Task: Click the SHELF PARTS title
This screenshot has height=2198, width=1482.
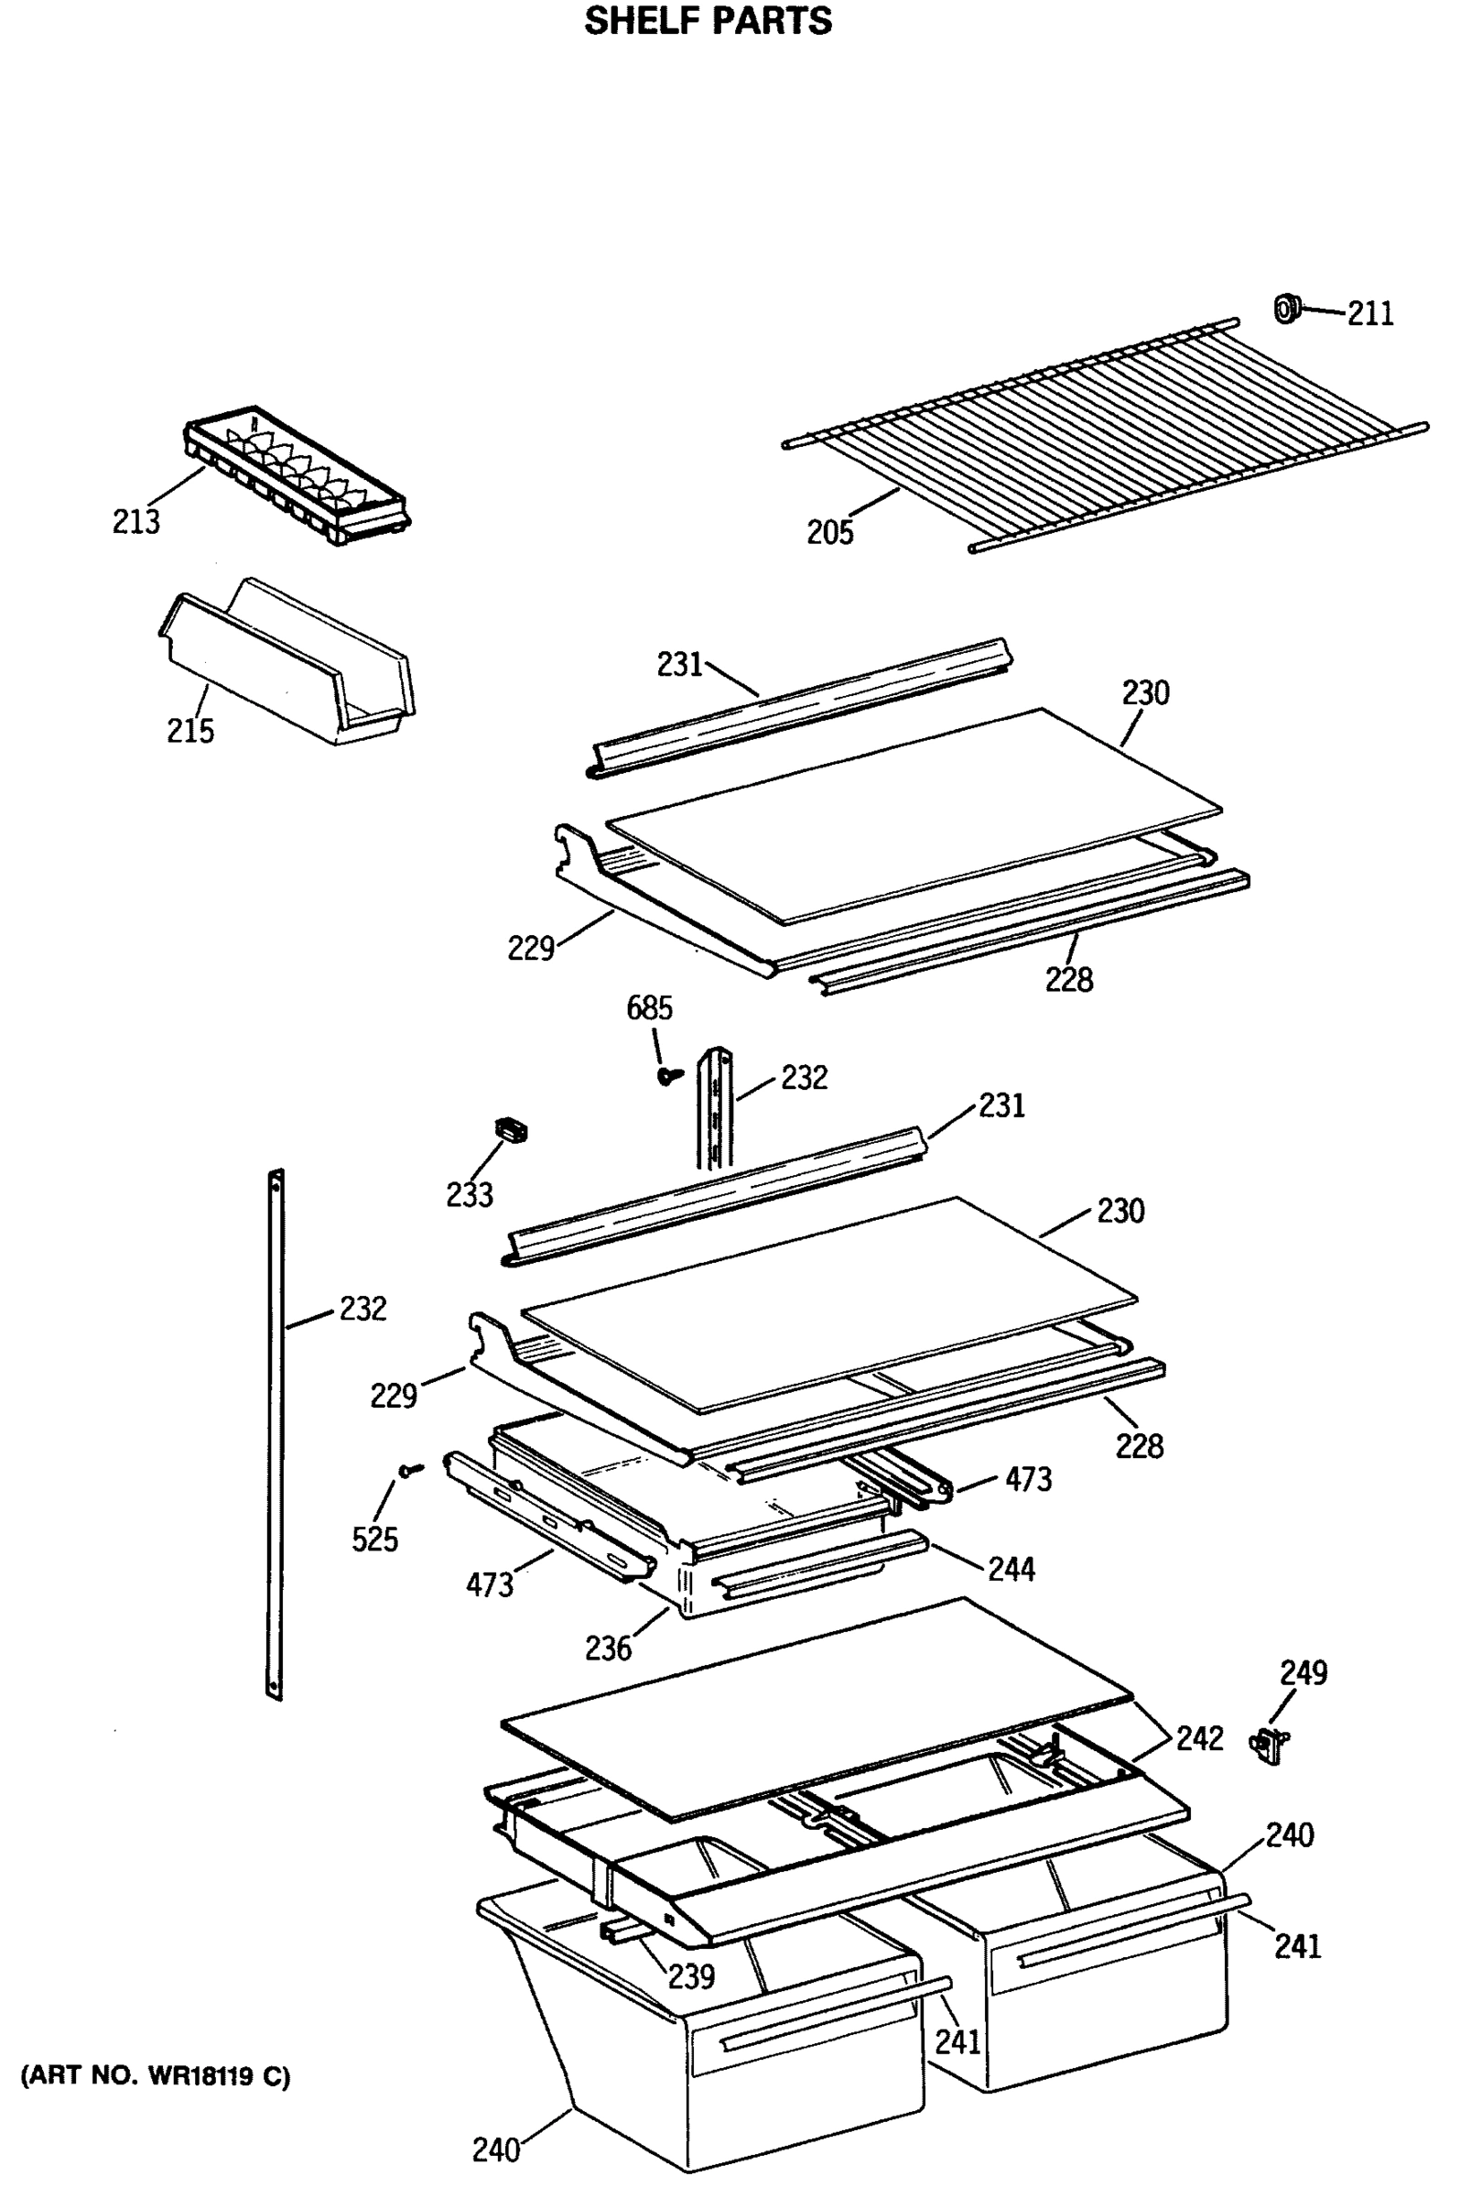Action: [707, 21]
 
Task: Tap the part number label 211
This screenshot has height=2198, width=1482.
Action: [1369, 313]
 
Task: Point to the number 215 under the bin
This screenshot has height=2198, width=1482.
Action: [190, 731]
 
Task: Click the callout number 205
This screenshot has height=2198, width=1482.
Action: [829, 533]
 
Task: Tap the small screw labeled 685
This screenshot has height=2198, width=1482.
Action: [670, 1075]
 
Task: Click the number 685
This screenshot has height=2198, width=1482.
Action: [649, 1008]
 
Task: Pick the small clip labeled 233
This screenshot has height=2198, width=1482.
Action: [511, 1130]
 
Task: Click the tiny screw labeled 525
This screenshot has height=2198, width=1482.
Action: [409, 1470]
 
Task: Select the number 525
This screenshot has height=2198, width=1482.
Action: [374, 1540]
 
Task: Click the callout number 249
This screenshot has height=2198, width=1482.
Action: [1303, 1673]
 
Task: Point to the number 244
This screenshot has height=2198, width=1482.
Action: [1011, 1570]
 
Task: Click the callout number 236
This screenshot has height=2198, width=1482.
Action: [607, 1648]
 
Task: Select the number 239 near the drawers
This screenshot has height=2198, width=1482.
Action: [691, 1975]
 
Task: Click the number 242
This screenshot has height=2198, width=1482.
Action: [1198, 1737]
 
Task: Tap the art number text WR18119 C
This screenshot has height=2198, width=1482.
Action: [156, 2076]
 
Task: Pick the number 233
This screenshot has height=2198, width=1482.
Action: [469, 1195]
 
